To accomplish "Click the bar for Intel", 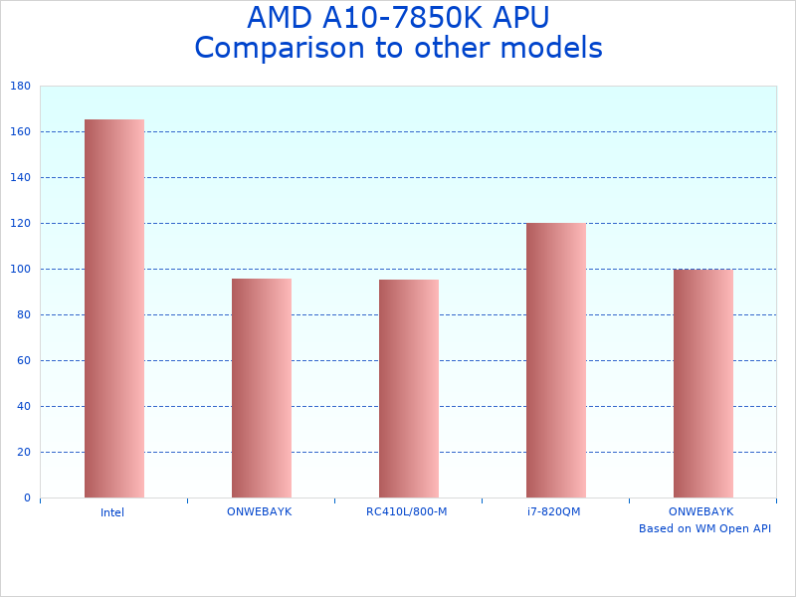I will click(113, 308).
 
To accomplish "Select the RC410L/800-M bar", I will click(408, 388).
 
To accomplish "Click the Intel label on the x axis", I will click(112, 512).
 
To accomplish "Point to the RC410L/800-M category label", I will click(407, 511).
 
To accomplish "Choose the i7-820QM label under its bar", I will click(554, 511).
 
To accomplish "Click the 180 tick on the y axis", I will click(20, 87).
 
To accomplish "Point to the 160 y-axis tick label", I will click(20, 132).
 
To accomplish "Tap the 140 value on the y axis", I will click(20, 178).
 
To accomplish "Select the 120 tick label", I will click(20, 224).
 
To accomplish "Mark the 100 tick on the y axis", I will click(20, 270).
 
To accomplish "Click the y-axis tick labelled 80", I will click(23, 315).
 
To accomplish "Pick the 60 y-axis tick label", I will click(23, 361).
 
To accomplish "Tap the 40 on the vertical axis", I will click(23, 407).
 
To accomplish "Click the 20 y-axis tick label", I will click(23, 453).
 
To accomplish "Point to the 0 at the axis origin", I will click(27, 498).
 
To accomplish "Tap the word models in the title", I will click(552, 48).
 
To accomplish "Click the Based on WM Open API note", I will click(704, 528).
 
